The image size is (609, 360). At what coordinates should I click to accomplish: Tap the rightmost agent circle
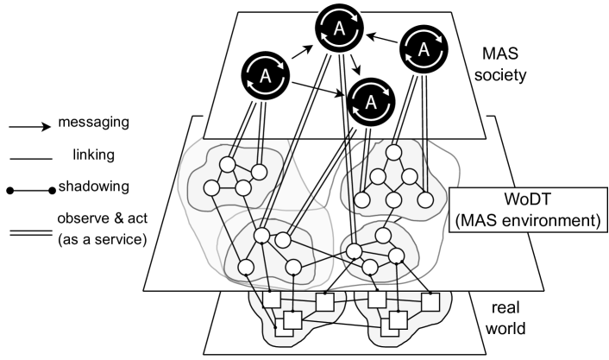pyautogui.click(x=423, y=50)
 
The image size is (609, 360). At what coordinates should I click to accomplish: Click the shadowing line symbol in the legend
pyautogui.click(x=32, y=185)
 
